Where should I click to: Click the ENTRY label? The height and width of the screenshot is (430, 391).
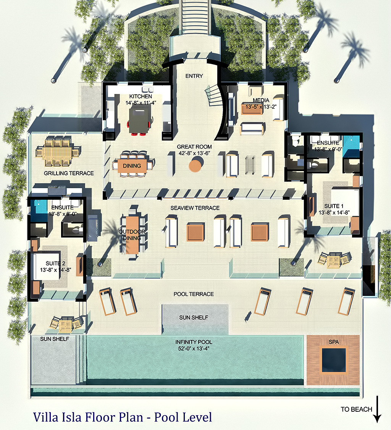pyautogui.click(x=194, y=76)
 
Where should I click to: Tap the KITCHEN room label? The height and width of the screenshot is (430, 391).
pyautogui.click(x=141, y=96)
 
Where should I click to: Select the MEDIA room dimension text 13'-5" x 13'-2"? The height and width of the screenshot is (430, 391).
pyautogui.click(x=261, y=107)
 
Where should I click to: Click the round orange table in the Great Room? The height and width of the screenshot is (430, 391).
pyautogui.click(x=196, y=165)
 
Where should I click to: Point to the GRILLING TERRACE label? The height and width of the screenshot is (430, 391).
pyautogui.click(x=69, y=173)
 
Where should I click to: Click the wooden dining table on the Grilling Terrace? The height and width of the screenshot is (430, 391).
pyautogui.click(x=58, y=151)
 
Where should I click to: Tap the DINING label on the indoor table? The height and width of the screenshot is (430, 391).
pyautogui.click(x=132, y=166)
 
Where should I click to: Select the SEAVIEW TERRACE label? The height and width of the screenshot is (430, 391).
pyautogui.click(x=195, y=208)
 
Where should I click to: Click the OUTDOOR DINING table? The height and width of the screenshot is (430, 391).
pyautogui.click(x=132, y=235)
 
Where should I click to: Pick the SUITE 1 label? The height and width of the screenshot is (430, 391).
pyautogui.click(x=334, y=206)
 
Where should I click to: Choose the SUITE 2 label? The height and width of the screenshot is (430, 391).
pyautogui.click(x=55, y=263)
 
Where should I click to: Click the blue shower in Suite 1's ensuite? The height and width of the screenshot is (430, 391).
pyautogui.click(x=351, y=146)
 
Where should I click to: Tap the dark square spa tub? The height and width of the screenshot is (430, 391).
pyautogui.click(x=334, y=360)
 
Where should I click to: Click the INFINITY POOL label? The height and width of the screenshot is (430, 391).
pyautogui.click(x=194, y=342)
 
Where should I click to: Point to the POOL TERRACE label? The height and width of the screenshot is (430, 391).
pyautogui.click(x=194, y=294)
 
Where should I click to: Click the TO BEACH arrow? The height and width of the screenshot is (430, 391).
pyautogui.click(x=377, y=409)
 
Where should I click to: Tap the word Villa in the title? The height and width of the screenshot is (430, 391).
pyautogui.click(x=45, y=417)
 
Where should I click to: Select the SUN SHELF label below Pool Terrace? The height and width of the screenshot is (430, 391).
pyautogui.click(x=194, y=318)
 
